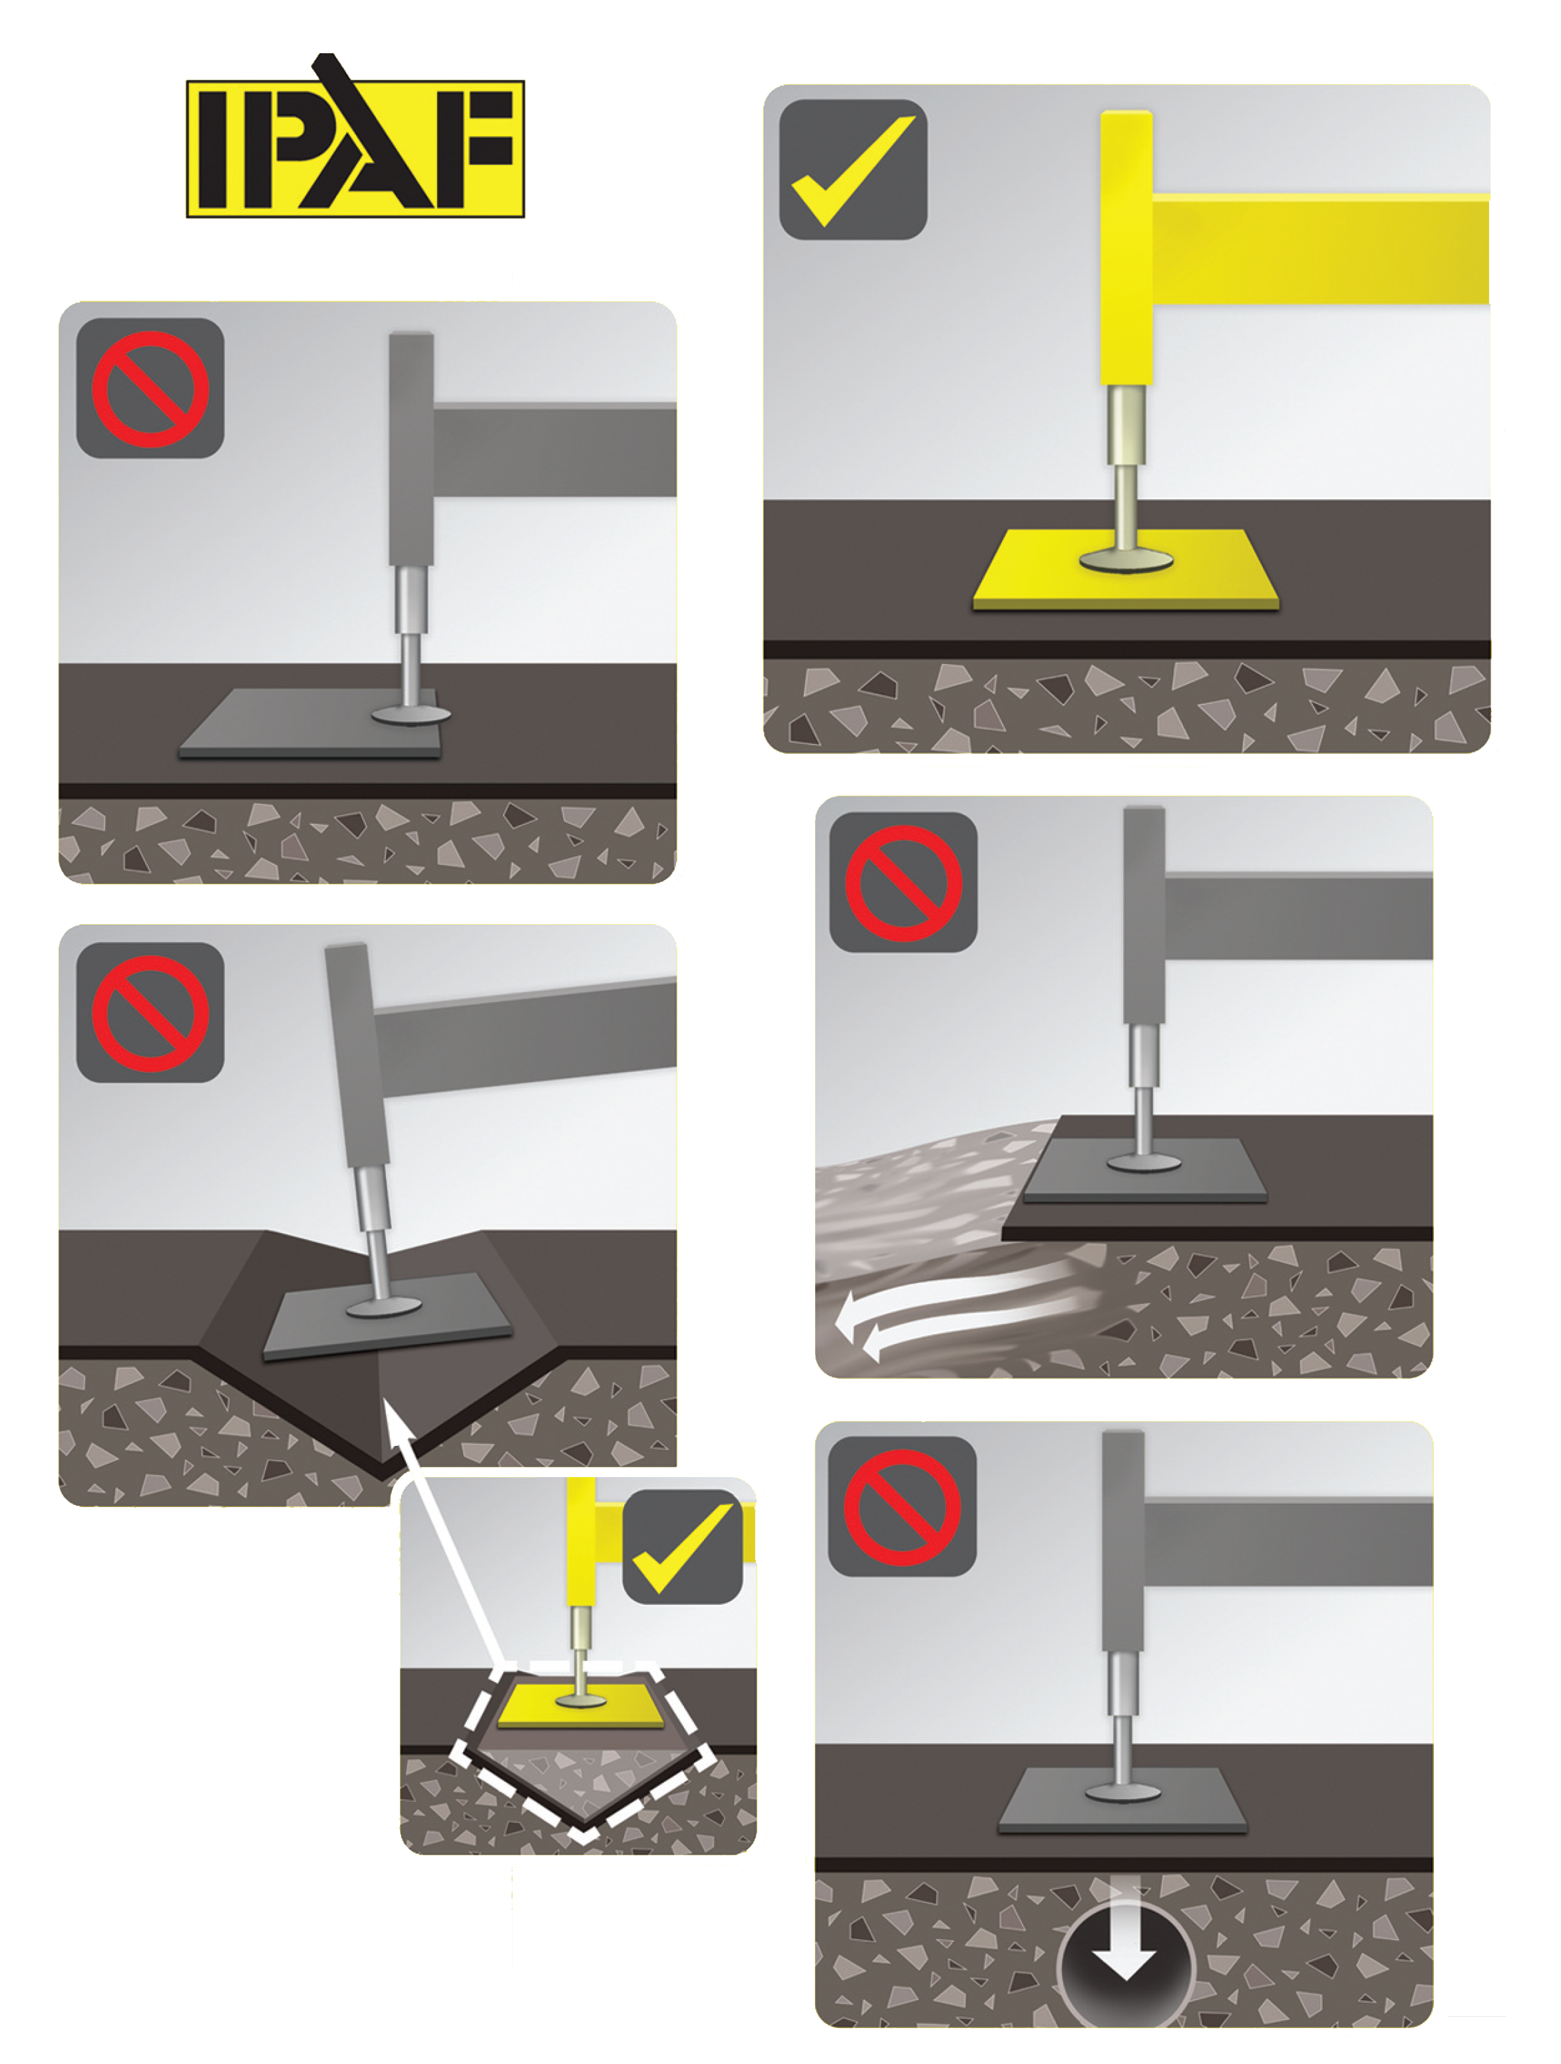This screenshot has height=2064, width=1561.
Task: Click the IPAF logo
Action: click(355, 148)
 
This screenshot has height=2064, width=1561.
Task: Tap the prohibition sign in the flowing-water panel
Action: click(903, 883)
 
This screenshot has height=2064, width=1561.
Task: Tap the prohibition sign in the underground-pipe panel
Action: click(902, 1507)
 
